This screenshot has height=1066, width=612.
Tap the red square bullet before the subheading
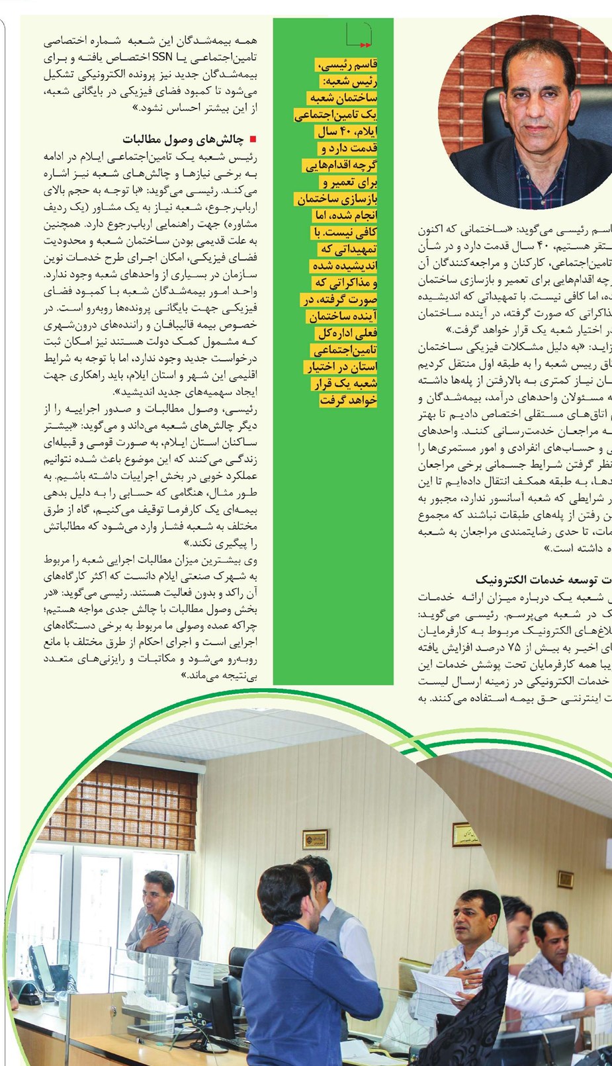point(252,139)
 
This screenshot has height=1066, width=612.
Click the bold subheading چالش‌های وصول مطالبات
point(183,139)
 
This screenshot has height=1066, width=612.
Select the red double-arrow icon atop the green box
point(363,44)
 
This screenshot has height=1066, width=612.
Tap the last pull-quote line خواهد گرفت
point(348,400)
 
